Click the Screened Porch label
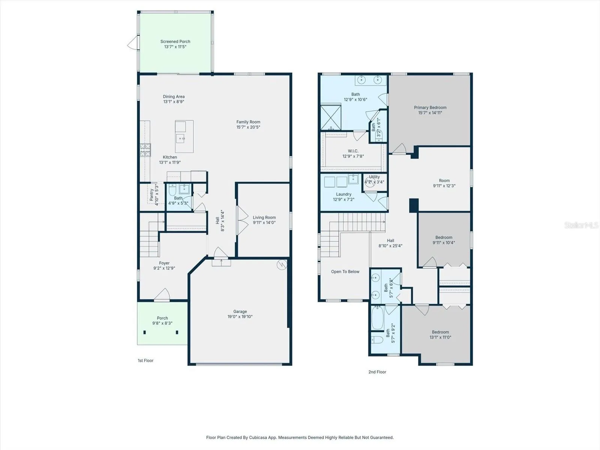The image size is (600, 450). [x=175, y=42]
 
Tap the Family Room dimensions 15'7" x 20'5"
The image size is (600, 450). [x=248, y=127]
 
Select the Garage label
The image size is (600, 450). [x=240, y=312]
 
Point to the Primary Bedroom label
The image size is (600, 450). [x=430, y=107]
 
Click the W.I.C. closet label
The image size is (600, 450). [x=353, y=151]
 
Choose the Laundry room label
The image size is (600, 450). [x=343, y=194]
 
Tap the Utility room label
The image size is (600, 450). [x=374, y=177]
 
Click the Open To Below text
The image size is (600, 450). [x=345, y=271]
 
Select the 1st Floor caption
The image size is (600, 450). [x=145, y=361]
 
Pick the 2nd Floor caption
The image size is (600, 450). [x=377, y=372]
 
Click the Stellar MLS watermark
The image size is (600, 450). [x=581, y=225]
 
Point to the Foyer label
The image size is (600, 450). [x=164, y=263]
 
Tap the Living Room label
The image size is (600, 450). [x=264, y=217]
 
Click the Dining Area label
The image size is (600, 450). [x=174, y=96]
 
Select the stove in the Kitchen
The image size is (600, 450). [x=145, y=150]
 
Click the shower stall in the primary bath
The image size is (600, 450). [x=331, y=117]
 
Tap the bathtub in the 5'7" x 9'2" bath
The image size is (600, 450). [x=378, y=318]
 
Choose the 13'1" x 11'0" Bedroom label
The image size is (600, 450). [x=440, y=332]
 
